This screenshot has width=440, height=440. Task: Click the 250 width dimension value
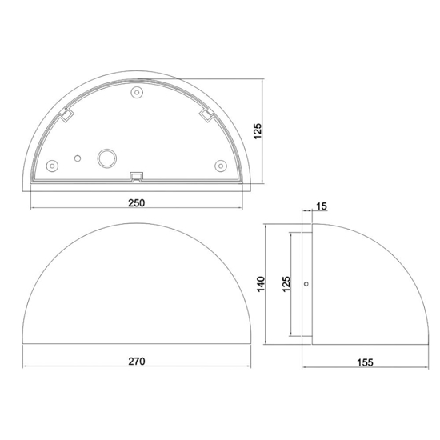tap(136, 203)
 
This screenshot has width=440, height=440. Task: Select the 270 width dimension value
tap(136, 361)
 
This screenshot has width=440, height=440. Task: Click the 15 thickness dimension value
tap(322, 207)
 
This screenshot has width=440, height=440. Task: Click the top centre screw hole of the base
tap(137, 94)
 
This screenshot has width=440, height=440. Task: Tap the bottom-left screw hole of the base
tap(52, 166)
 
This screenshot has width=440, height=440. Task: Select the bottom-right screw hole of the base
tap(221, 166)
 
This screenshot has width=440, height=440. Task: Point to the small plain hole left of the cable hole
tap(78, 158)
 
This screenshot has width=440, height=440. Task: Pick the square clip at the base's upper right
tap(206, 117)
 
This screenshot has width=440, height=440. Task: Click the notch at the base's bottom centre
tap(136, 175)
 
